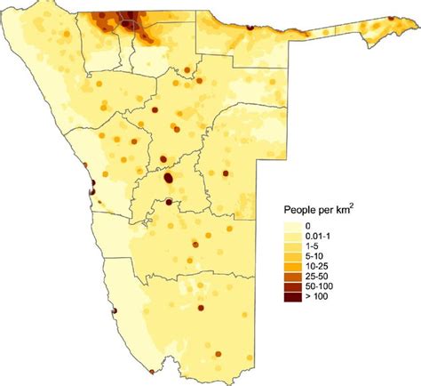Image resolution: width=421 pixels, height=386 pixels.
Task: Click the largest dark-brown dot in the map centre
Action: (169, 179)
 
